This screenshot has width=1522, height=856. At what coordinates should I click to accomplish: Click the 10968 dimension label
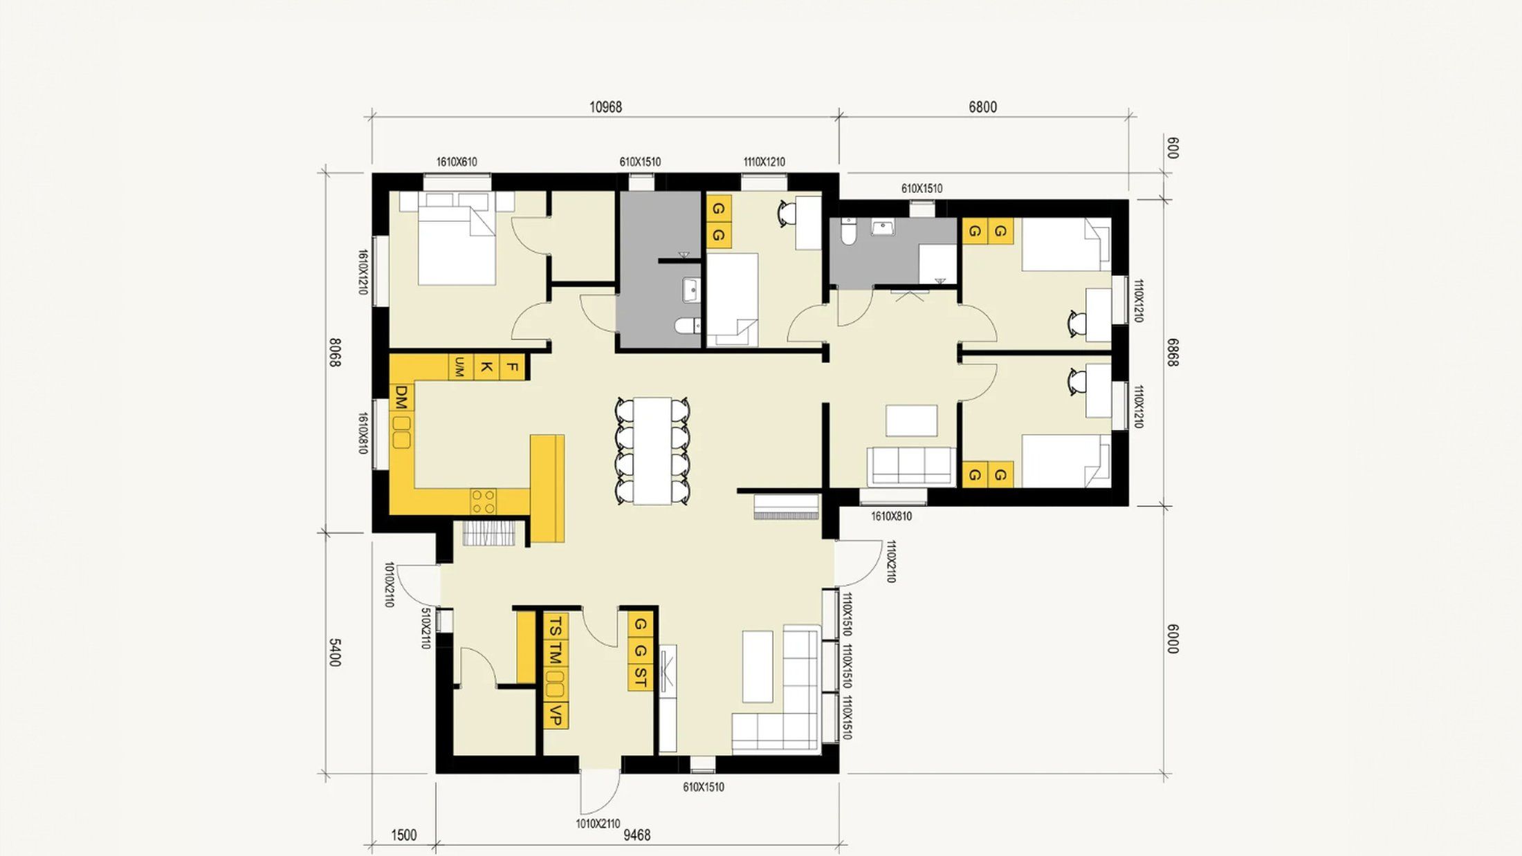605,107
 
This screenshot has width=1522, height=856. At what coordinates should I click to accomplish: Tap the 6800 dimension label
982,107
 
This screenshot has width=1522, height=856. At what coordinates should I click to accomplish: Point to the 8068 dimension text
335,352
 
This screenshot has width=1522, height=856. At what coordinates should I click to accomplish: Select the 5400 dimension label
335,652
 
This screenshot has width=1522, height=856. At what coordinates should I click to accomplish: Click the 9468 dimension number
637,835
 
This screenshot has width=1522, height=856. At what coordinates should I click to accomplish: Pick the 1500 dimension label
404,835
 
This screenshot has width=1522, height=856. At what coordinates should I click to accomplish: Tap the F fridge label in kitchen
512,367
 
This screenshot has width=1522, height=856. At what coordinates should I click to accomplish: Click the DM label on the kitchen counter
401,398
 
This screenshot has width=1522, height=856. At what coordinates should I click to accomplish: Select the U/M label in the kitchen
458,367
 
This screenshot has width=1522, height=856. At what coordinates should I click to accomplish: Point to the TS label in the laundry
556,628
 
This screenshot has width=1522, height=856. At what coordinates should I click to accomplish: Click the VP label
555,716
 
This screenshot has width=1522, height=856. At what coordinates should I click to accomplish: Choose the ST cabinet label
641,677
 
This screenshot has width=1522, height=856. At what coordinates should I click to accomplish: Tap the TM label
556,653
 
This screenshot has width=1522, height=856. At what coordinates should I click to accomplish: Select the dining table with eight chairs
652,451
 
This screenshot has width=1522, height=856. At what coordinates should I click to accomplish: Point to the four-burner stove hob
484,501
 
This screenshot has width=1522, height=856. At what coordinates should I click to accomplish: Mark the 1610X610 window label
457,162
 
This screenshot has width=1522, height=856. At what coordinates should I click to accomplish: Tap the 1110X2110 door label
890,561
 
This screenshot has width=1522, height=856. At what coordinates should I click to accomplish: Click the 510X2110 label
426,629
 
